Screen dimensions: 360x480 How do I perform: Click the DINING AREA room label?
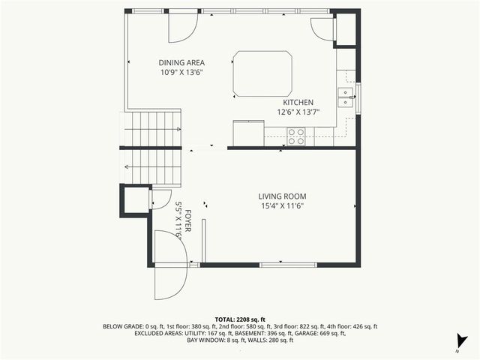[x=181, y=62]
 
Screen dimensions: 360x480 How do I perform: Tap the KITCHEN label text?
[x=298, y=102]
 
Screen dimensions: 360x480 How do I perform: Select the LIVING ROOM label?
[x=283, y=196]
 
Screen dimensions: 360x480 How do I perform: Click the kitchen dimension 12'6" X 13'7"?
[x=298, y=112]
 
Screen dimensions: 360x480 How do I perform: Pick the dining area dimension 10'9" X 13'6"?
[x=181, y=73]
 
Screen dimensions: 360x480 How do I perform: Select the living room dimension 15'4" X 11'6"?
[x=283, y=206]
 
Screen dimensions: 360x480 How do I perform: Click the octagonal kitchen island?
[x=262, y=73]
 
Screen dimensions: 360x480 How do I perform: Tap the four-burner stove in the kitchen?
[x=296, y=136]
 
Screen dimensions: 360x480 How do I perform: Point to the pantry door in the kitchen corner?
[x=322, y=28]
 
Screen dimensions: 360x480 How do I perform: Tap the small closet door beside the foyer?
[x=160, y=199]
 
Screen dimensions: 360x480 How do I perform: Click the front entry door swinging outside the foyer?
[x=169, y=266]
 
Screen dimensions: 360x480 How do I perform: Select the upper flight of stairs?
[x=153, y=127]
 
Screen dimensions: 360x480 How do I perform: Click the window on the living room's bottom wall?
[x=288, y=265]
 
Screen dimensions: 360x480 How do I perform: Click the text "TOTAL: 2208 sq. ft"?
[x=240, y=319]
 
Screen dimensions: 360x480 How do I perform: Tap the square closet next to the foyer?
[x=135, y=199]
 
